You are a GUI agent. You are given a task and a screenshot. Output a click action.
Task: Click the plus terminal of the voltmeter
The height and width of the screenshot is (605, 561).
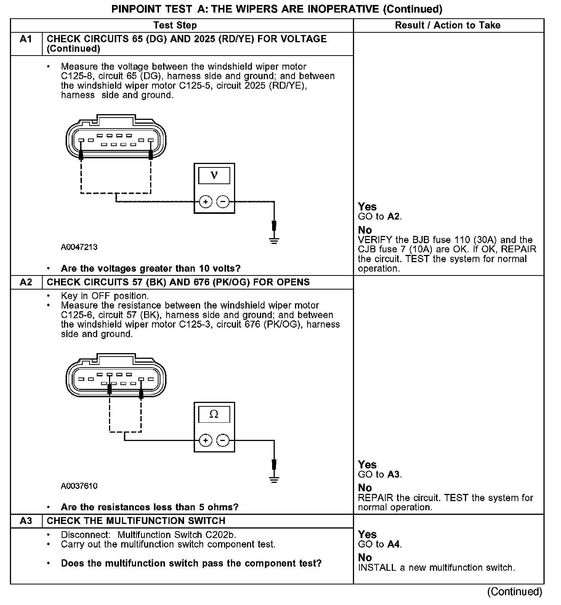click(205, 202)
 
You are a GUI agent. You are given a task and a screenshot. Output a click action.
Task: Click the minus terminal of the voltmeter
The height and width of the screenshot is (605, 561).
click(223, 202)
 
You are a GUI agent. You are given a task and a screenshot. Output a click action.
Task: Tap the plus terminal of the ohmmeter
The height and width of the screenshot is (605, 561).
click(205, 441)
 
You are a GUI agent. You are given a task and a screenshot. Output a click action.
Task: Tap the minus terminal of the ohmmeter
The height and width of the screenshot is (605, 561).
click(223, 441)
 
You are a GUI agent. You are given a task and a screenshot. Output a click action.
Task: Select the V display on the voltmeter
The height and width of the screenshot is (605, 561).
click(214, 176)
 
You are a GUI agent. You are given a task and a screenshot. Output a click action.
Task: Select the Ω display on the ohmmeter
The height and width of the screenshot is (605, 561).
click(214, 414)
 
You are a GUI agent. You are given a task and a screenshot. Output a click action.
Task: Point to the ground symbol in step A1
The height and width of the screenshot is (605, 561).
click(274, 240)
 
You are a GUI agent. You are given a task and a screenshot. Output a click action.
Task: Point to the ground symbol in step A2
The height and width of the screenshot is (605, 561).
click(274, 479)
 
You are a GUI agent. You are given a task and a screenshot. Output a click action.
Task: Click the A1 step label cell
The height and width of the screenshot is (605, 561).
click(26, 39)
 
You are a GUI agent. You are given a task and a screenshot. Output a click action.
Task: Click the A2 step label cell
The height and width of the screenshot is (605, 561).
click(26, 282)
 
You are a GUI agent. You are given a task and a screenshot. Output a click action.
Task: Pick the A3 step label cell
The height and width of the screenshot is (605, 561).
click(26, 521)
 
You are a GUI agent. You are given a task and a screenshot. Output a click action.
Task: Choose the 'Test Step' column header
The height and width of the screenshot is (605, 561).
click(175, 25)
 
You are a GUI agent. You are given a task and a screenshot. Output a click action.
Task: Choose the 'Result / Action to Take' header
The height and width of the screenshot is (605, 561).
click(448, 25)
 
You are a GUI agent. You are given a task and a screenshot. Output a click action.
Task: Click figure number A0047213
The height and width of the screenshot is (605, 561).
click(79, 247)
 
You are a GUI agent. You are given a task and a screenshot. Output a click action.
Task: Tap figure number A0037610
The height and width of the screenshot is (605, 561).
click(79, 486)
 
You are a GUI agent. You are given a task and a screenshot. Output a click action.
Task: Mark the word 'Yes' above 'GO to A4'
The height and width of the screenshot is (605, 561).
click(367, 535)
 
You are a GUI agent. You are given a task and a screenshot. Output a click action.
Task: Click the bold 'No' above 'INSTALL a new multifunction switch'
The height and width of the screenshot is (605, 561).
click(365, 558)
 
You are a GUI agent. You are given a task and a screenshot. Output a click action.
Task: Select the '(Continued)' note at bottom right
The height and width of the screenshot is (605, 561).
click(515, 592)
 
